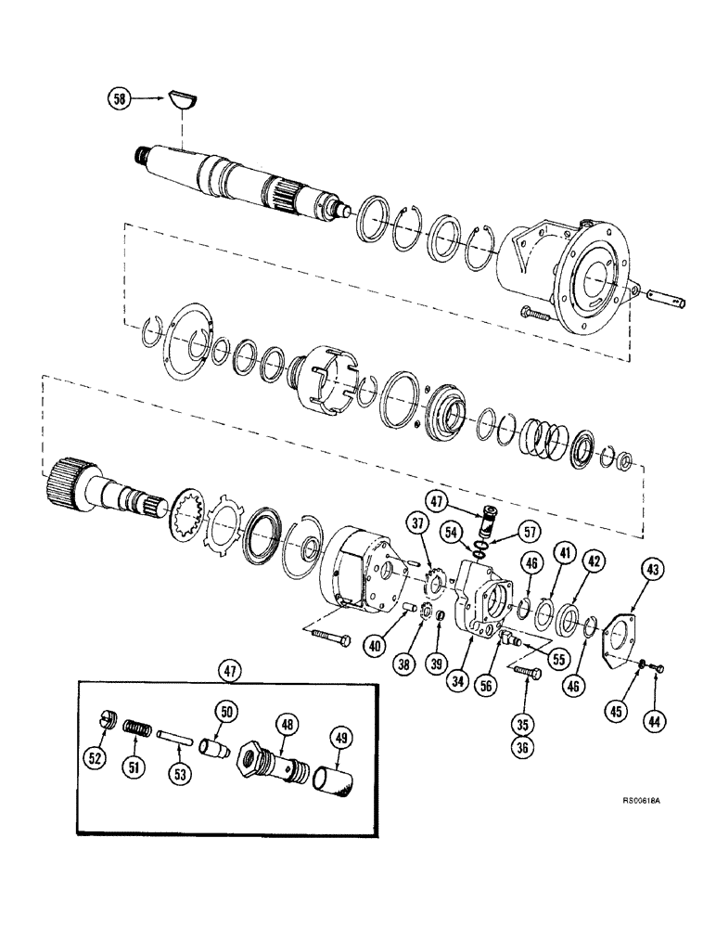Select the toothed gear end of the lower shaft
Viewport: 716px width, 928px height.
(70, 481)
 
